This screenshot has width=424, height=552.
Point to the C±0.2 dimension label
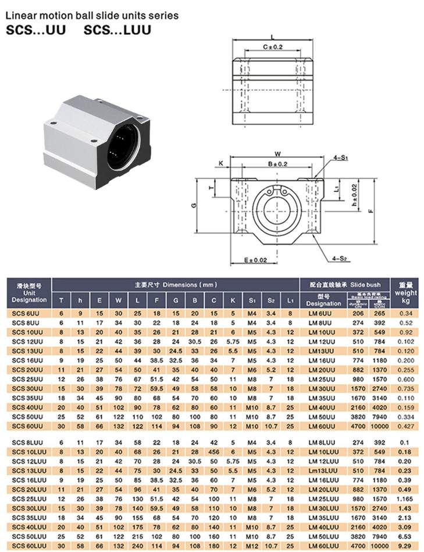pos(273,46)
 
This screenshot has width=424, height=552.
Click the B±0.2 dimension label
pos(277,164)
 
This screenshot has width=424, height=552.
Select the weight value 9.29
pos(405,546)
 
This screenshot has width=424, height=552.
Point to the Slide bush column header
pos(365,285)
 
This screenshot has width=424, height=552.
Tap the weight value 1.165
pos(405,499)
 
